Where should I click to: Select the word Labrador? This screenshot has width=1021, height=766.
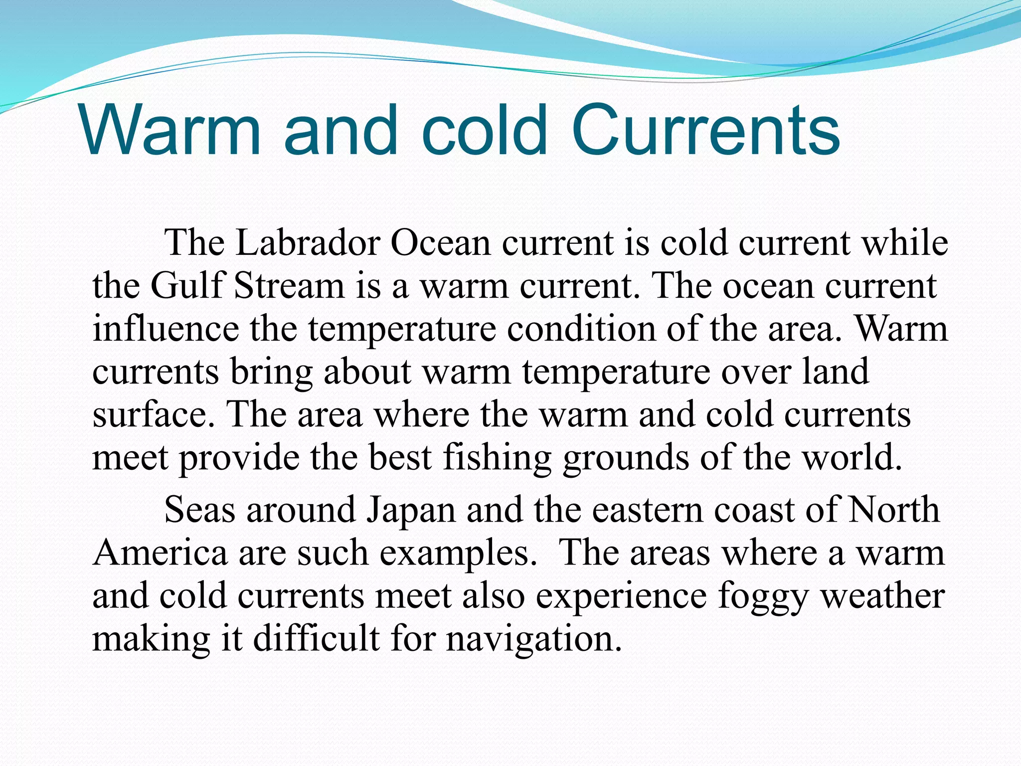[x=307, y=243]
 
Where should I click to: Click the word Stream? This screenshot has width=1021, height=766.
[x=289, y=286]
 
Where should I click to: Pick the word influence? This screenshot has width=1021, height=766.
[x=166, y=329]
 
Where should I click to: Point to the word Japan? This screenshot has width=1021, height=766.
[x=411, y=511]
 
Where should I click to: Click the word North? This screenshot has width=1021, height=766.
[x=894, y=510]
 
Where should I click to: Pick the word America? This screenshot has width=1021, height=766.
[x=160, y=553]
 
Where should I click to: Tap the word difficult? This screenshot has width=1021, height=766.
[x=317, y=638]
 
